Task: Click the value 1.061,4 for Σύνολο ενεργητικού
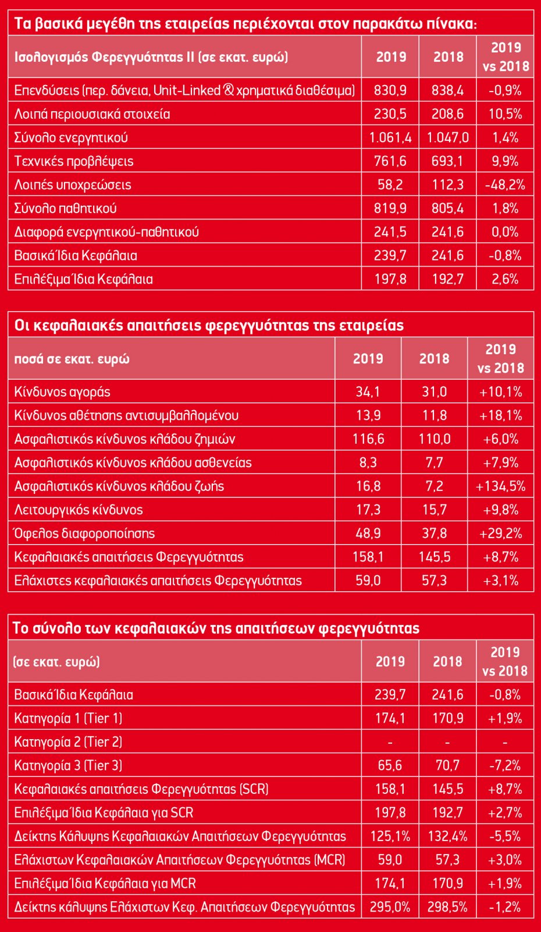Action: [390, 137]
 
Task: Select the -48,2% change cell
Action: [505, 185]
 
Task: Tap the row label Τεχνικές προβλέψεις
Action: [74, 161]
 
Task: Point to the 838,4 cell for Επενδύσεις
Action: [447, 90]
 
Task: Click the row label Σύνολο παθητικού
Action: [66, 209]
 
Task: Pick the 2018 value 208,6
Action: [447, 114]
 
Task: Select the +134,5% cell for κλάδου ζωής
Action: [500, 486]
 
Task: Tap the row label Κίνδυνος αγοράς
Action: [62, 392]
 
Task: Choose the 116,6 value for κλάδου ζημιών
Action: [368, 439]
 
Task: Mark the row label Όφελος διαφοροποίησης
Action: [84, 534]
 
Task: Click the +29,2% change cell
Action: [500, 534]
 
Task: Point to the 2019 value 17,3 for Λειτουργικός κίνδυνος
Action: [368, 510]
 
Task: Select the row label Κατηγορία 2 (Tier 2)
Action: [69, 742]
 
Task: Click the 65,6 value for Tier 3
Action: [390, 765]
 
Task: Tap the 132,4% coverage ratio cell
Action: [447, 836]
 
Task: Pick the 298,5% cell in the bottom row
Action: [447, 907]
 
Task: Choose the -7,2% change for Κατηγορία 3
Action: [504, 765]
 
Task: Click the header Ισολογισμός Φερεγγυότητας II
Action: [151, 57]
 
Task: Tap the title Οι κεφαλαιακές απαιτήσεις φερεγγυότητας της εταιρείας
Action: [209, 325]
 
